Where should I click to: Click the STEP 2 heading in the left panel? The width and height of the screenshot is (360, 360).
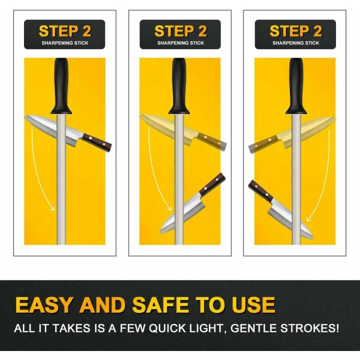point(65,31)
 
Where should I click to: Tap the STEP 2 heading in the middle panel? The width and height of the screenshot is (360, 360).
point(180,31)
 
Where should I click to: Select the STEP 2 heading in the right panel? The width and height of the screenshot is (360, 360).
point(295,31)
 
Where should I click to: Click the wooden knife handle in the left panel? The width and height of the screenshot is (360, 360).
point(97,142)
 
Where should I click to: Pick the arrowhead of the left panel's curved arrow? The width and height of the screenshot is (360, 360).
point(53,208)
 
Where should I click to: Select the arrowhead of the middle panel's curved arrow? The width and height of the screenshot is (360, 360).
point(169,208)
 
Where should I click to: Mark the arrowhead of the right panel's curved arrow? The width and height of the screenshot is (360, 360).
point(309,218)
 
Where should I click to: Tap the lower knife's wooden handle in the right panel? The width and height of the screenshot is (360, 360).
point(260,191)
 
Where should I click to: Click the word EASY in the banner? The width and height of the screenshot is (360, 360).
point(43,305)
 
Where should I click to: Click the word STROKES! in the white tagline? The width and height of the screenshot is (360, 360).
point(309,328)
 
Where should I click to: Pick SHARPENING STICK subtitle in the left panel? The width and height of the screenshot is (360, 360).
point(65,43)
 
